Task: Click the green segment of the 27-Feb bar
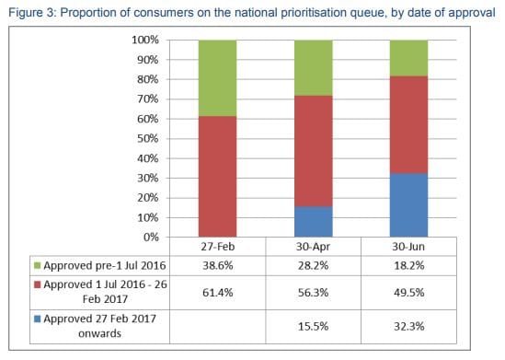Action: pos(218,78)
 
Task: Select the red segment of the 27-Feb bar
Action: pos(218,176)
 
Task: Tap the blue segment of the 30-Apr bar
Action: pos(313,221)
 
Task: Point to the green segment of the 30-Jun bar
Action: pos(408,58)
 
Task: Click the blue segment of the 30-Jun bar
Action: pos(408,204)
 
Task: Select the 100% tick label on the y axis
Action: pos(143,41)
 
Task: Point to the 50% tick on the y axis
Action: pos(146,138)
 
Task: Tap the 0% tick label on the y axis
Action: pos(150,237)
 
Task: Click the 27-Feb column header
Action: pos(218,248)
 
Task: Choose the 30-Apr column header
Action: pos(313,248)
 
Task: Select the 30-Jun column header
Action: pos(408,248)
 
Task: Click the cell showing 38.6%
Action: pos(218,264)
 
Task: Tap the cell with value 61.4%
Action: pos(218,290)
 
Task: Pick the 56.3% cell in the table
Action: pos(313,290)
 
